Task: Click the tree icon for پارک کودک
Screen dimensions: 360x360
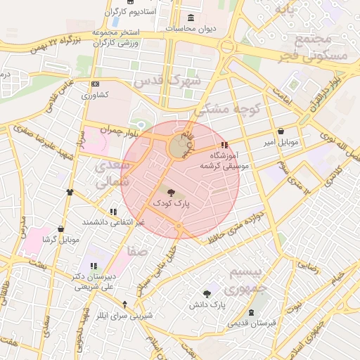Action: coord(172,191)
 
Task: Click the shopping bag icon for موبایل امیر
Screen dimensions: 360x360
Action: coord(281,131)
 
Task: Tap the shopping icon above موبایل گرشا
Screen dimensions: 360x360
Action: coord(61,229)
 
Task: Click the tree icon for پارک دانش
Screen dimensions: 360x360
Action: coord(207,294)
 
